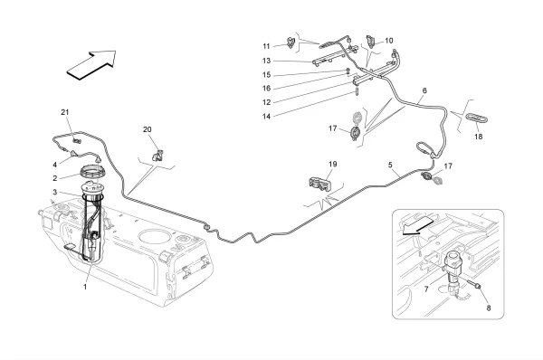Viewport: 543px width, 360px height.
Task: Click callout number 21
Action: pos(65,112)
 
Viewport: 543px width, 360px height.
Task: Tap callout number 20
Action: pos(148,129)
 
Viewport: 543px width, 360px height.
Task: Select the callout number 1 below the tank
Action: pos(85,287)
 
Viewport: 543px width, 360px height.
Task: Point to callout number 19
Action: pos(332,164)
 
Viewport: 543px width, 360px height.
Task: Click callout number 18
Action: pos(478,137)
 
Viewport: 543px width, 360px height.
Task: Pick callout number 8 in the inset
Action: pos(489,308)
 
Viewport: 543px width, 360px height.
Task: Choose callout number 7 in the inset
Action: pos(426,289)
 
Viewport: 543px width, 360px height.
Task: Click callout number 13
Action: pos(266,61)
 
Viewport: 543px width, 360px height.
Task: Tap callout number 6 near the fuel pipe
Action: pos(424,90)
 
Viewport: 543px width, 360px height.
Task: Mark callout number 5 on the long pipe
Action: pos(390,165)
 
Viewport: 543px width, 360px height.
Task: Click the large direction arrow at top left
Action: pos(91,65)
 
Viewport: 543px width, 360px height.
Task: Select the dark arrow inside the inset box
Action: pos(416,227)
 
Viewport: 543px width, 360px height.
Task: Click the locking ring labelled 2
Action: pos(93,171)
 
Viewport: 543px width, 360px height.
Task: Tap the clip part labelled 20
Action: pos(157,155)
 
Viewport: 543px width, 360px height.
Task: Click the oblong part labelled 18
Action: pos(477,118)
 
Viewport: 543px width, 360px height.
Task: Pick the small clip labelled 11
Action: pos(291,43)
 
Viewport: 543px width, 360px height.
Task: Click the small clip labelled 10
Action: pos(370,41)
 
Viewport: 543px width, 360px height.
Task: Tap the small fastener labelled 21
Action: pos(77,140)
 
